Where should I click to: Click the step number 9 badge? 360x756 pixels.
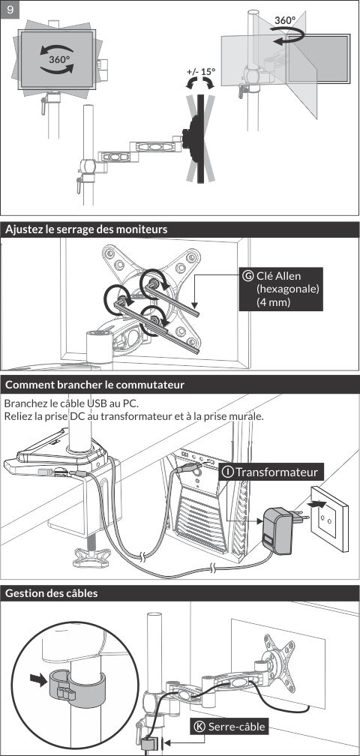click(10, 10)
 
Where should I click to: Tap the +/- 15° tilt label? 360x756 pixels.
click(201, 72)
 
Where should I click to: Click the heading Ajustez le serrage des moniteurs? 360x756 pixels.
click(86, 229)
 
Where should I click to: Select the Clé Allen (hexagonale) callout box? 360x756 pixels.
click(281, 289)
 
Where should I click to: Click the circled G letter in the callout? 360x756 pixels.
click(248, 276)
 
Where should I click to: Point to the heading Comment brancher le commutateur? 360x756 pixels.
click(94, 385)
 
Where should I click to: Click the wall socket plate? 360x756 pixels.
click(330, 517)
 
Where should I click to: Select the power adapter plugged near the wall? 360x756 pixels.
click(277, 529)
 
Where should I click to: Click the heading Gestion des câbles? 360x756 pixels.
click(51, 593)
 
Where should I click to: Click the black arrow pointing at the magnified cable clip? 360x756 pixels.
click(37, 678)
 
